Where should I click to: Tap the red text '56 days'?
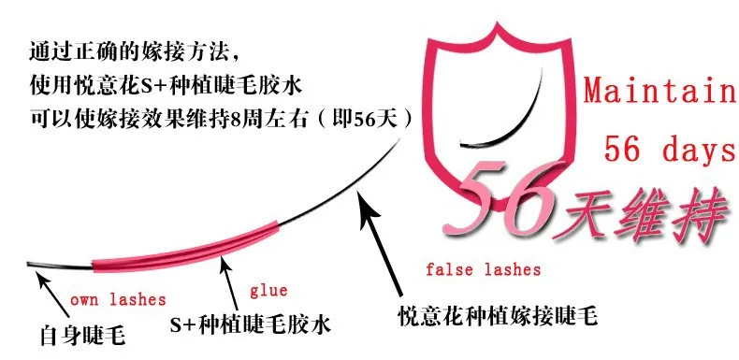pyautogui.click(x=670, y=149)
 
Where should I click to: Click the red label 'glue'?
pyautogui.click(x=268, y=291)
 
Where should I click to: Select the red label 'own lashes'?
pyautogui.click(x=118, y=299)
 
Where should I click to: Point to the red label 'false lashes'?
pyautogui.click(x=483, y=269)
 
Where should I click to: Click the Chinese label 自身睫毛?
pyautogui.click(x=82, y=336)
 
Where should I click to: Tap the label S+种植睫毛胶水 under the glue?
pyautogui.click(x=251, y=324)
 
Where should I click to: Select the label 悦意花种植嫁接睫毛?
pyautogui.click(x=498, y=315)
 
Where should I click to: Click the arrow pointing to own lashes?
pyautogui.click(x=54, y=296)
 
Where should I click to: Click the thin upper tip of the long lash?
pyautogui.click(x=400, y=138)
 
